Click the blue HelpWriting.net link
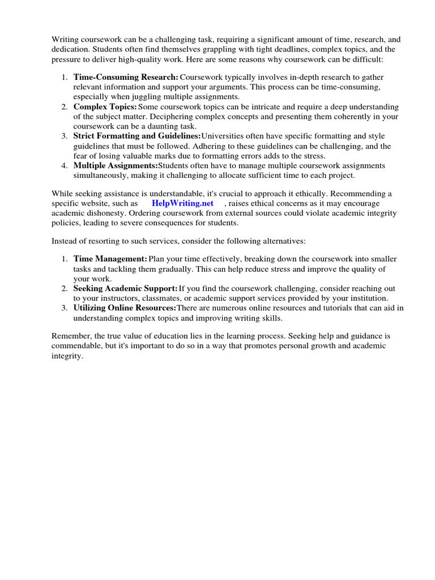[182, 203]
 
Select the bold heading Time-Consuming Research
[126, 77]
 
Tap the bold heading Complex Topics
[105, 106]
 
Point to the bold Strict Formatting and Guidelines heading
[137, 136]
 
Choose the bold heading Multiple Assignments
[116, 165]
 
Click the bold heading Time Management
[110, 259]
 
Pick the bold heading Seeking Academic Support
[125, 288]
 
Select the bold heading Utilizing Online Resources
[125, 308]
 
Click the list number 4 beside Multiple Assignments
[65, 165]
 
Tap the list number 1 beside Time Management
[65, 259]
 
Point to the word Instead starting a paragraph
[66, 241]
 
